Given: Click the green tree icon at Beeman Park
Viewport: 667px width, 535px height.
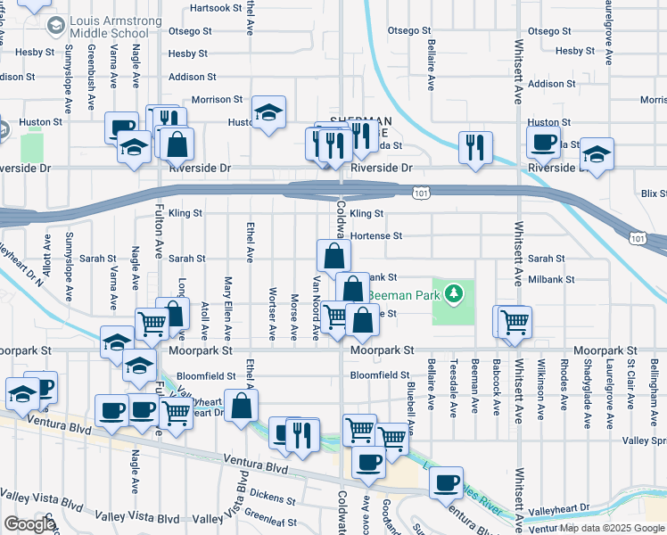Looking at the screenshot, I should tap(455, 292).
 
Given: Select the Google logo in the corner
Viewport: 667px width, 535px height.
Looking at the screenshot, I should tap(29, 524).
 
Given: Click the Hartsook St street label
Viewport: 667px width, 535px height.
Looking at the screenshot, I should tap(216, 8).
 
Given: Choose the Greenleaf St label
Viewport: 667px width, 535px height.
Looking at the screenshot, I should tap(268, 513).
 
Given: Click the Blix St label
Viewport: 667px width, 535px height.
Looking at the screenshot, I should tap(654, 193).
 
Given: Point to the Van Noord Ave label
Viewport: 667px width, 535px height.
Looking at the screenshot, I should tap(316, 309).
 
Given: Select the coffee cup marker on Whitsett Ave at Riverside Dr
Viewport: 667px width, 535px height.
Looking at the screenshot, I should tap(543, 142).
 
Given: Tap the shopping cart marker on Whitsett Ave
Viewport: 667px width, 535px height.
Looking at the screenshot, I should tap(515, 322).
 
